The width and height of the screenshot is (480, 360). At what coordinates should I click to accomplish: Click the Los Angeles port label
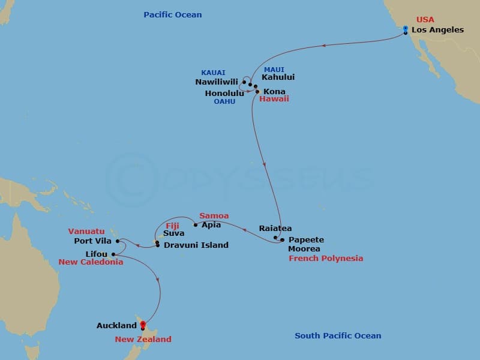pos(437,30)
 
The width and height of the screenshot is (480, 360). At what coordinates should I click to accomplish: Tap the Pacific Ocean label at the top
pos(173,14)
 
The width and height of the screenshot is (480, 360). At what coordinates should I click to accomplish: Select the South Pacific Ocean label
pos(338,336)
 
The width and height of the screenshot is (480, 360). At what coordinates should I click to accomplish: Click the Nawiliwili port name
pos(217,82)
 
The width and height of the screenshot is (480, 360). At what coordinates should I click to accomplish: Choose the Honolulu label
pos(224,94)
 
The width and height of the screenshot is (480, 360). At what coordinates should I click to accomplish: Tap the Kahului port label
pos(278,77)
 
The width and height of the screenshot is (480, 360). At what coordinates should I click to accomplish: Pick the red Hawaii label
pos(274,98)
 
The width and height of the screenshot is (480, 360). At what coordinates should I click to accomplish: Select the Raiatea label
pos(275,229)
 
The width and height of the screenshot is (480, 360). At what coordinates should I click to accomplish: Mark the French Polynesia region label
pos(326,259)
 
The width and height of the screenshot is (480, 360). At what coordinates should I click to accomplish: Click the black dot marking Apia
pos(196,226)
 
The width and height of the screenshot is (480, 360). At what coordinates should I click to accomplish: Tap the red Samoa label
pos(214,216)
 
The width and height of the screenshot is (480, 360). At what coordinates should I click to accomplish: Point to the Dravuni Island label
pos(196,245)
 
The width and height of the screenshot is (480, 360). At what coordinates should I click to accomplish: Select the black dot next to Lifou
pos(113,254)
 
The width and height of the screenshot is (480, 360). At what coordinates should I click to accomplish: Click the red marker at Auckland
pos(143,326)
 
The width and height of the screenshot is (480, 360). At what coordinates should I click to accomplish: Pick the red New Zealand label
pos(143,340)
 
